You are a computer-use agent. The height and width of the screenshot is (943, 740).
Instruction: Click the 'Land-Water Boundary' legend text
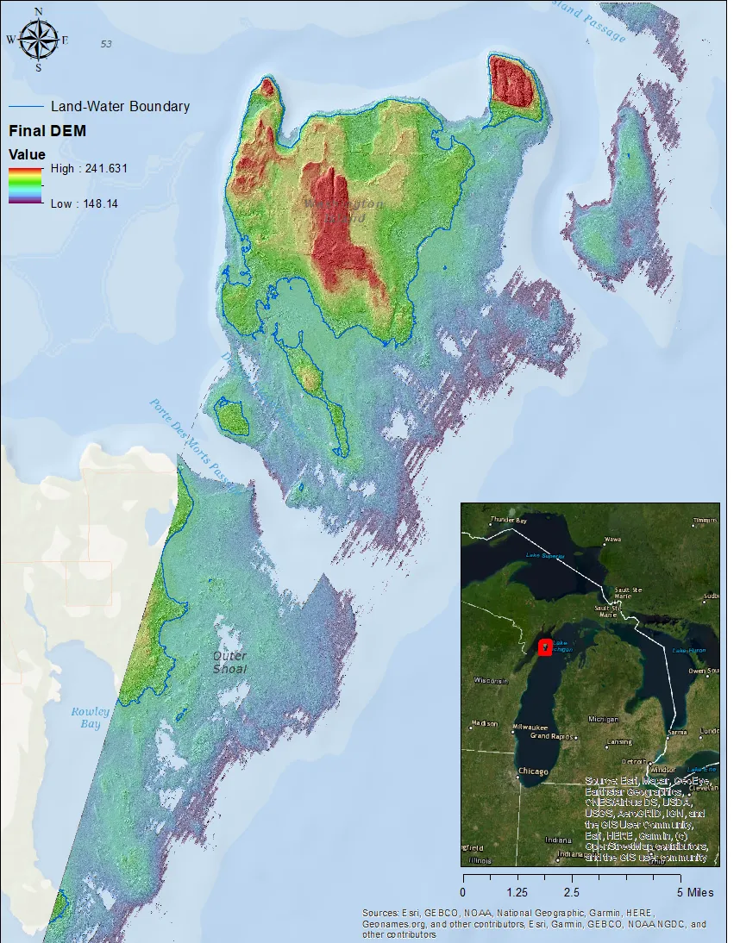pyautogui.click(x=120, y=107)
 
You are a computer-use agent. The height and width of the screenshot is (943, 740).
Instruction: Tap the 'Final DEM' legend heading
pyautogui.click(x=47, y=132)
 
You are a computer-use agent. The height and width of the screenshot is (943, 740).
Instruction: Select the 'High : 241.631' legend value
pyautogui.click(x=89, y=168)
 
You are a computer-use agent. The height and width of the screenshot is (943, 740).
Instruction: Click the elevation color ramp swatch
pyautogui.click(x=26, y=185)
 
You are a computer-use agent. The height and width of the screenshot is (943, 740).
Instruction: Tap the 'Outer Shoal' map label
pyautogui.click(x=229, y=662)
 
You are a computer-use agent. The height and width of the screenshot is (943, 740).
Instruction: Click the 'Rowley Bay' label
pyautogui.click(x=91, y=717)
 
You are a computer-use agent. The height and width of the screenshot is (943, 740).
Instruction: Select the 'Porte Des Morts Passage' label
pyautogui.click(x=191, y=440)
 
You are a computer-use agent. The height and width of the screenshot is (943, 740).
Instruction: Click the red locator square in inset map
pyautogui.click(x=545, y=647)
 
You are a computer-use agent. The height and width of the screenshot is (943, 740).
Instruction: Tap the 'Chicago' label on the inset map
pyautogui.click(x=532, y=771)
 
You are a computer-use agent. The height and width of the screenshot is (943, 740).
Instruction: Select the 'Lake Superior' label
pyautogui.click(x=545, y=556)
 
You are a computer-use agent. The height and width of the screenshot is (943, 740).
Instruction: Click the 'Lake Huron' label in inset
pyautogui.click(x=688, y=649)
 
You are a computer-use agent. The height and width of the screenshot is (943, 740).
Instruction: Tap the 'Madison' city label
pyautogui.click(x=485, y=723)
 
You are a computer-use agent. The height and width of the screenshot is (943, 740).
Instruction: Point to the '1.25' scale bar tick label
pyautogui.click(x=517, y=892)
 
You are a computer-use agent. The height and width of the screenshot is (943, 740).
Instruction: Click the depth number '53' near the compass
pyautogui.click(x=106, y=43)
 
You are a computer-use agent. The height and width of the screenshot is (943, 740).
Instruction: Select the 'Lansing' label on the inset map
pyautogui.click(x=619, y=742)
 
